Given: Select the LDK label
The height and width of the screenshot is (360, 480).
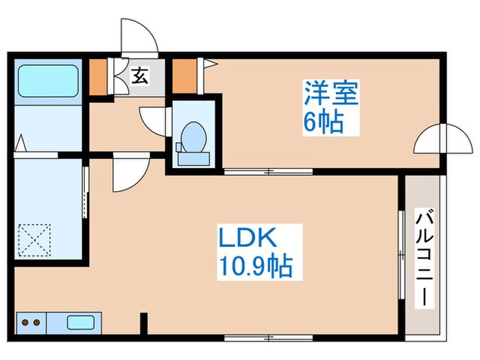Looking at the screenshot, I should [248, 239].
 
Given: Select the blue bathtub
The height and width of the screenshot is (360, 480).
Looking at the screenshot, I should [47, 81].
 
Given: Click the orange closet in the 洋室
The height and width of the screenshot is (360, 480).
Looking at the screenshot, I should [182, 77].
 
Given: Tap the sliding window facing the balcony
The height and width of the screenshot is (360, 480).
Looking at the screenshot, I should [400, 253].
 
